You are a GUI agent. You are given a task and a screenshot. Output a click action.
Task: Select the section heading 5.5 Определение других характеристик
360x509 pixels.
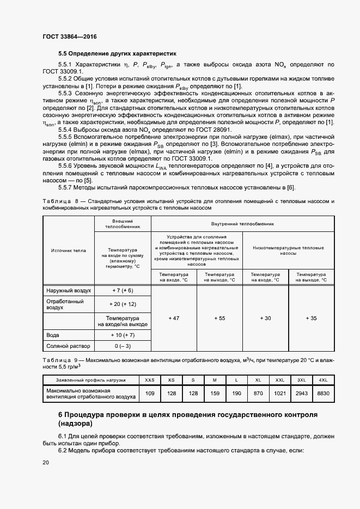tap(118, 54)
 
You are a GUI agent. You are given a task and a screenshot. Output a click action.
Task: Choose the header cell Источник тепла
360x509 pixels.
tap(69, 250)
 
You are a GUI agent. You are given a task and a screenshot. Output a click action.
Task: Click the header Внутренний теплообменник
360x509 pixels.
tap(242, 224)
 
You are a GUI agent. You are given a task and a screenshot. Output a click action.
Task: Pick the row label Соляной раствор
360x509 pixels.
tap(68, 346)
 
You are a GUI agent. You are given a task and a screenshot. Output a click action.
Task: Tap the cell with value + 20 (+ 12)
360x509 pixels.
tap(123, 304)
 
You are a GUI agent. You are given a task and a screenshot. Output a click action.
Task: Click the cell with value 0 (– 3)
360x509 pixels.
tap(123, 346)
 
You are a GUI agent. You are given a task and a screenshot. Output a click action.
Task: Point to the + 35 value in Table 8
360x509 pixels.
tap(311, 318)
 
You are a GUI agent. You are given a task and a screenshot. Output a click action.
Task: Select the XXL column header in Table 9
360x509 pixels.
tap(280, 379)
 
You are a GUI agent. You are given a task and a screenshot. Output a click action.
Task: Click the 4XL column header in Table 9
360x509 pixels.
tap(323, 379)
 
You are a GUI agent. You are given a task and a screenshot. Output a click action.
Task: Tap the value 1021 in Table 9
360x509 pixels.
tap(280, 393)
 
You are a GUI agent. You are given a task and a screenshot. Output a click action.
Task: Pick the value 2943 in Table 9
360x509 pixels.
tap(301, 393)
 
